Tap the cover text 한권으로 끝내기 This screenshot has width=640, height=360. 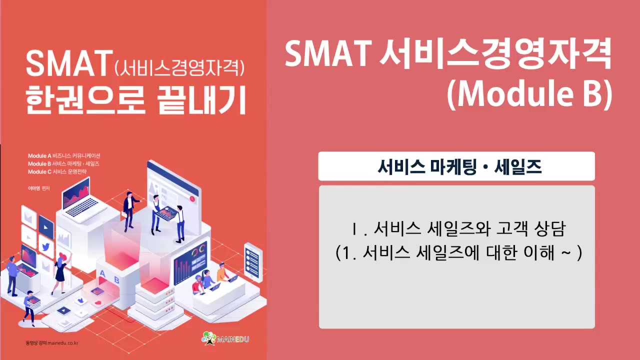coord(136,100)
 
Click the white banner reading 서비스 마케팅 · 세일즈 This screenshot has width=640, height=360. coord(456,166)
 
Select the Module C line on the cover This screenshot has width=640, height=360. coord(57,171)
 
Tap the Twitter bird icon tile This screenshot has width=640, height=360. coord(45,247)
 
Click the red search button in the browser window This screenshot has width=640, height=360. coord(191,198)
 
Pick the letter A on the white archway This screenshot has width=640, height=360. coord(103,273)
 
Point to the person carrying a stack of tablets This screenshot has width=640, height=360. coord(30,306)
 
